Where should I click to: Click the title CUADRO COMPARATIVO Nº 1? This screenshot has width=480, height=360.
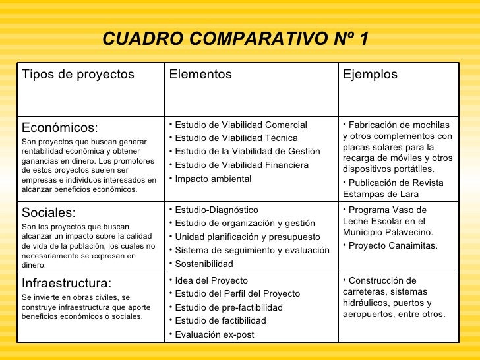click(235, 40)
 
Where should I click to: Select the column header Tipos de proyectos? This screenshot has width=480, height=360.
click(78, 75)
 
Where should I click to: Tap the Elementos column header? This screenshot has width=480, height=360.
click(200, 75)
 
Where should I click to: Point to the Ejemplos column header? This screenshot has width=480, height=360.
click(370, 75)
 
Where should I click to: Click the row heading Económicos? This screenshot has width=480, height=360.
click(60, 127)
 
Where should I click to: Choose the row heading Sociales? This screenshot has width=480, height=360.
click(49, 212)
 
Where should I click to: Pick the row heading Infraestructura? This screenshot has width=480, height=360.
click(67, 284)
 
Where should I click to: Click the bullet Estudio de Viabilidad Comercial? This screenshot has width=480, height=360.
click(241, 125)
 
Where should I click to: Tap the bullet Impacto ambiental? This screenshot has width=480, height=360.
click(213, 179)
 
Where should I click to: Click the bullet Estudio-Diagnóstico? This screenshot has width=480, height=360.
click(216, 210)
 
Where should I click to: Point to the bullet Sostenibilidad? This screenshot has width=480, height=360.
click(204, 264)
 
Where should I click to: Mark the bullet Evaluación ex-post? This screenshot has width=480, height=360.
click(214, 334)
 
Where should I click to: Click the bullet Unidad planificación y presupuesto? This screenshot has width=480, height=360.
click(247, 237)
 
